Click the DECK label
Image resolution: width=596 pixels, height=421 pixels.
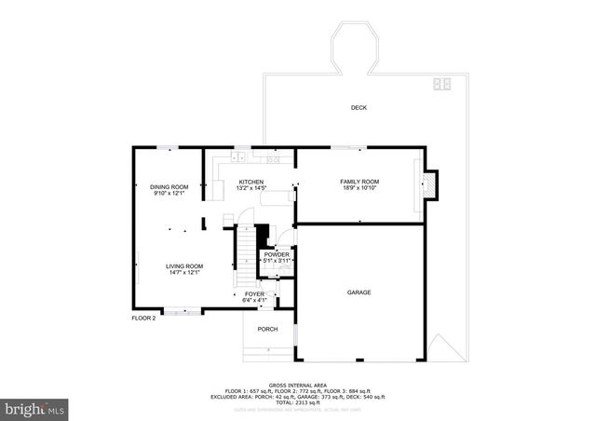point(359,108)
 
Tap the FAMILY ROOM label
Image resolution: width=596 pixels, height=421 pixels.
point(359,181)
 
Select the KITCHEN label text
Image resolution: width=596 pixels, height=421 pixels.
point(251,182)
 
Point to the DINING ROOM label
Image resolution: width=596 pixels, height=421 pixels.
point(169,187)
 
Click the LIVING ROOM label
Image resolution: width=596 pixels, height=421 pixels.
point(184,266)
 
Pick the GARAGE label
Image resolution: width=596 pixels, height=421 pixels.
point(359,292)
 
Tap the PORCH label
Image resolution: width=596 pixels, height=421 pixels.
point(268,329)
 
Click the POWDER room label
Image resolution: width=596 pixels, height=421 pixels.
point(277,254)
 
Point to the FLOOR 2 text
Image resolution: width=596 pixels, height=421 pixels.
point(143,318)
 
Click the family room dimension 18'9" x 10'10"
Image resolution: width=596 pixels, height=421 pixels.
point(359,188)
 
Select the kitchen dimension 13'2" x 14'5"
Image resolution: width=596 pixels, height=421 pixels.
point(251,188)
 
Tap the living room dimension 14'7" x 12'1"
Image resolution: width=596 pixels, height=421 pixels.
point(184,273)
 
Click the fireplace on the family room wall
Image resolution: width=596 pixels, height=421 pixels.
point(429,183)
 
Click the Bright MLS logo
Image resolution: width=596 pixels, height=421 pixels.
point(35,408)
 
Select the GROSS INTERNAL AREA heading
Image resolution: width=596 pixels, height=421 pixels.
point(297,385)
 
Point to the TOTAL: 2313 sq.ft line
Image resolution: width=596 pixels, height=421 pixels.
point(297,401)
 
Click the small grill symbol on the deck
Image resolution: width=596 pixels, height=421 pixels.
point(440,86)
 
